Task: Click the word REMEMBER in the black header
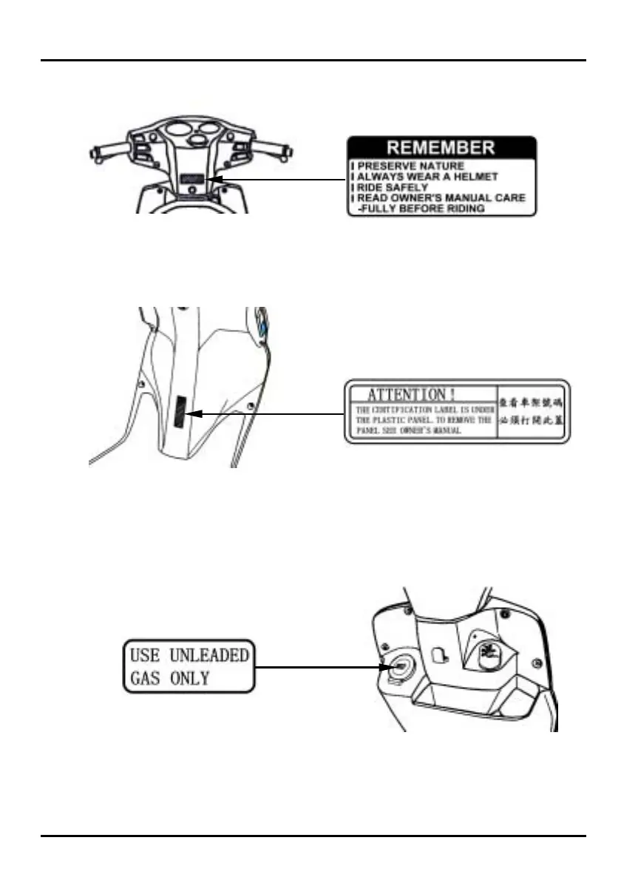(442, 147)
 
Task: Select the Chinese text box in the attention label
(532, 411)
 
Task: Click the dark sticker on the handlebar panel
(191, 178)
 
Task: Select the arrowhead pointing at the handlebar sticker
(212, 179)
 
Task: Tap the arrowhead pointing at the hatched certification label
(194, 414)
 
